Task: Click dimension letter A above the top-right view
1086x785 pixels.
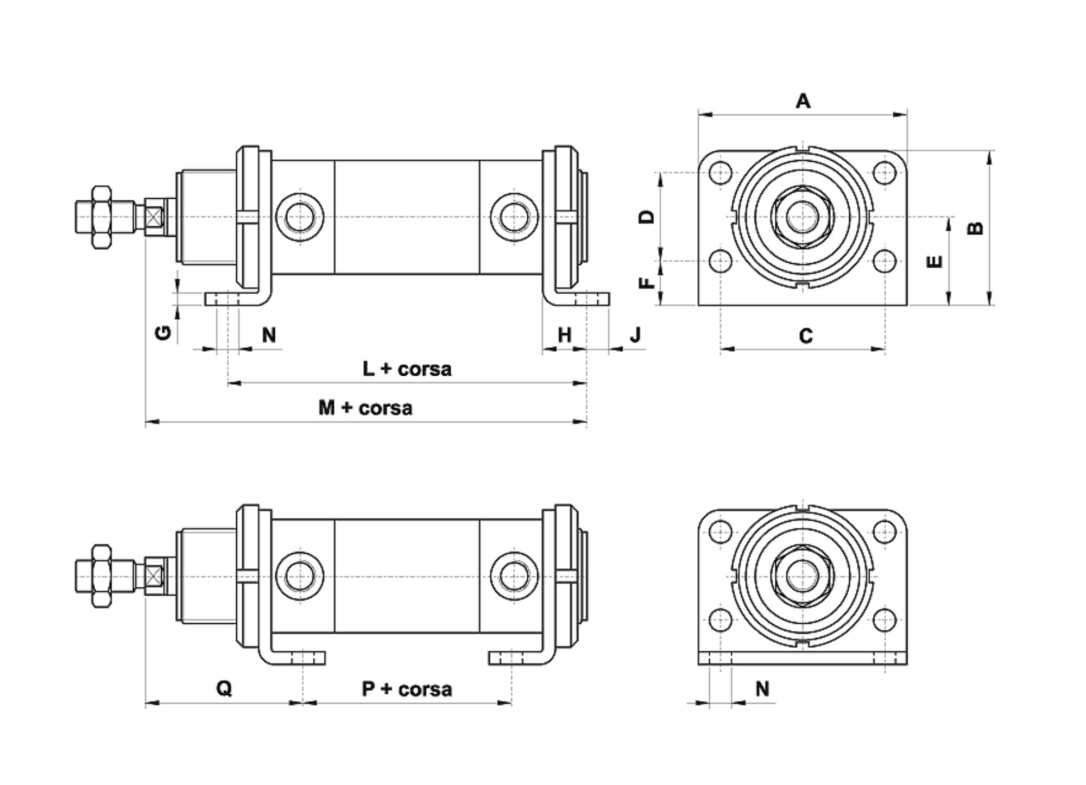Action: click(803, 101)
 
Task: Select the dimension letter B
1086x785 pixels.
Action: click(976, 228)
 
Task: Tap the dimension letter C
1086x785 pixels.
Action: click(806, 336)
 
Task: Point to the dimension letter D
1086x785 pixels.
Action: click(647, 217)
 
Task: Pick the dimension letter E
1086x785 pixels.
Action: click(935, 262)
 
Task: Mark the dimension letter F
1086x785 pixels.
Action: click(647, 283)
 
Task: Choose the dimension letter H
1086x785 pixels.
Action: click(565, 335)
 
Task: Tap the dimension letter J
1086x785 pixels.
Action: click(635, 335)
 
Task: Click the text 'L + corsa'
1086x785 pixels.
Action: click(407, 369)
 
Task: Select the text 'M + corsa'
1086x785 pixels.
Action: click(365, 408)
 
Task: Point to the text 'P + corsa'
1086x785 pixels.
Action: click(407, 689)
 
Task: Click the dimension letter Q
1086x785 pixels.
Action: click(224, 688)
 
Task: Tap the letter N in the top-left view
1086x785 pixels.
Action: click(269, 335)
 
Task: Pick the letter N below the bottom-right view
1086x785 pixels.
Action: click(762, 689)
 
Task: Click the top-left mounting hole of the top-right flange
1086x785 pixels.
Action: click(721, 173)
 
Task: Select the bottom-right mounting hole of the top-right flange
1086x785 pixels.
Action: click(885, 261)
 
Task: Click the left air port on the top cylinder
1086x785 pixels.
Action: click(300, 217)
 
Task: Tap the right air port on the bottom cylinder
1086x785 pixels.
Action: click(514, 576)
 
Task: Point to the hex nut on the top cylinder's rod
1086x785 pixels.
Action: click(101, 217)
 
